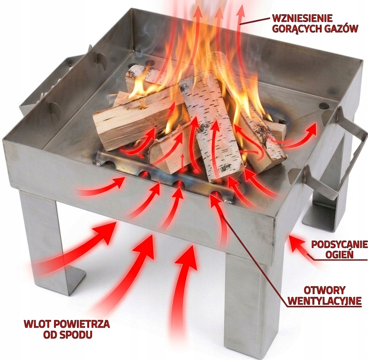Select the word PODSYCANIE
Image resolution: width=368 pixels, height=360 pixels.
pyautogui.click(x=339, y=244)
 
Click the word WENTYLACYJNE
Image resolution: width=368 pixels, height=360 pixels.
pyautogui.click(x=325, y=301)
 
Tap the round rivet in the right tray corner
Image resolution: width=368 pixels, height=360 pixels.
pyautogui.click(x=325, y=105)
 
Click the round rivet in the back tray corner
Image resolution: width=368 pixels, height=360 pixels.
pyautogui.click(x=149, y=63)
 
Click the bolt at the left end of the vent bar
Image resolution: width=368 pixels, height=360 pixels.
pyautogui.click(x=97, y=163)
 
